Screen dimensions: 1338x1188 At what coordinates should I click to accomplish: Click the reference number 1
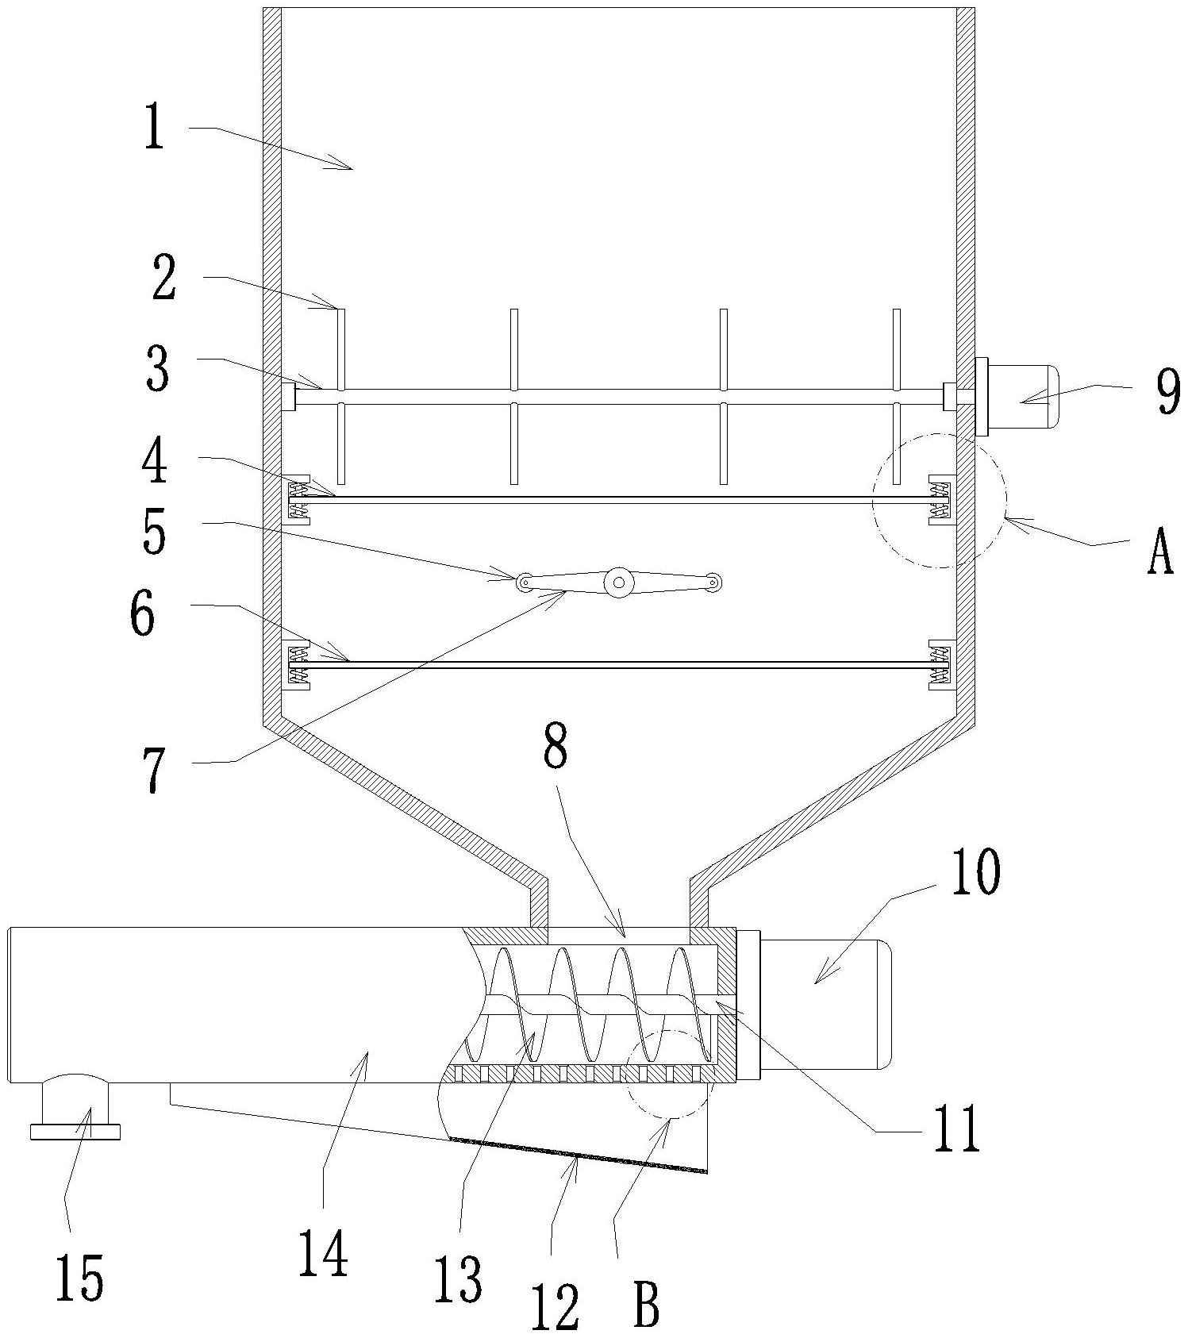154,130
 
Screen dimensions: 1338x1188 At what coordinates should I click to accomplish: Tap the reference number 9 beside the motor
1167,392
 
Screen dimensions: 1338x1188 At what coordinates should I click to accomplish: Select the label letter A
1160,553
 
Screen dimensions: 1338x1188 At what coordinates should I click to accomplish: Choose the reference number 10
976,873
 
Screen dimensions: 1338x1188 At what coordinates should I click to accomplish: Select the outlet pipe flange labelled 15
75,1131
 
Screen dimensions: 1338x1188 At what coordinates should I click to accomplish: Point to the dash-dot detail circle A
940,500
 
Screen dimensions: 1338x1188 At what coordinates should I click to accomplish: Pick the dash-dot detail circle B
668,1075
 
